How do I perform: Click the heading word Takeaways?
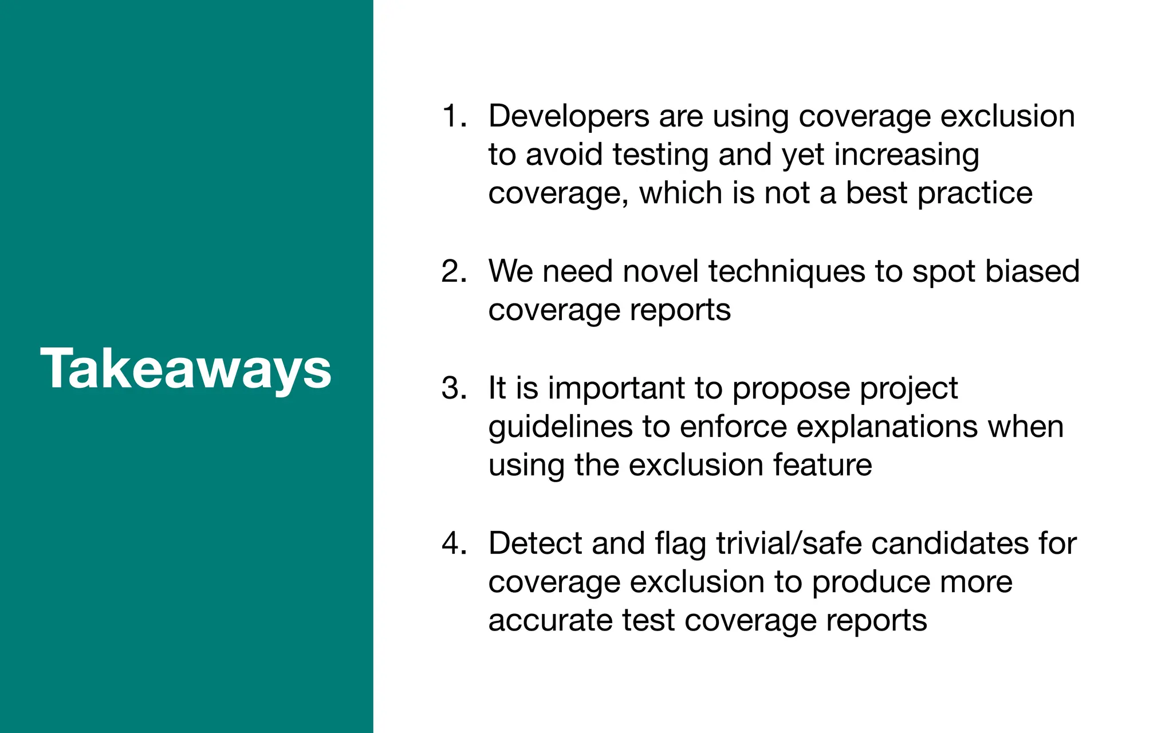[x=186, y=369]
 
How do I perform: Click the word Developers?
[x=569, y=116]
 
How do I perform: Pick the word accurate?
[x=550, y=621]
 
